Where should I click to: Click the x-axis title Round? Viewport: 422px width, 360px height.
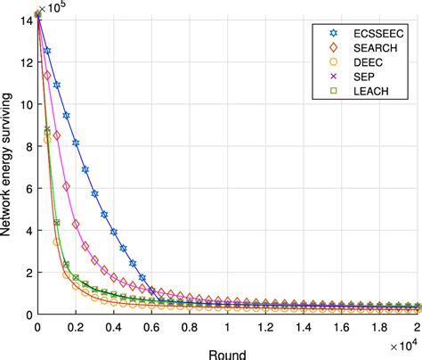(228, 351)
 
